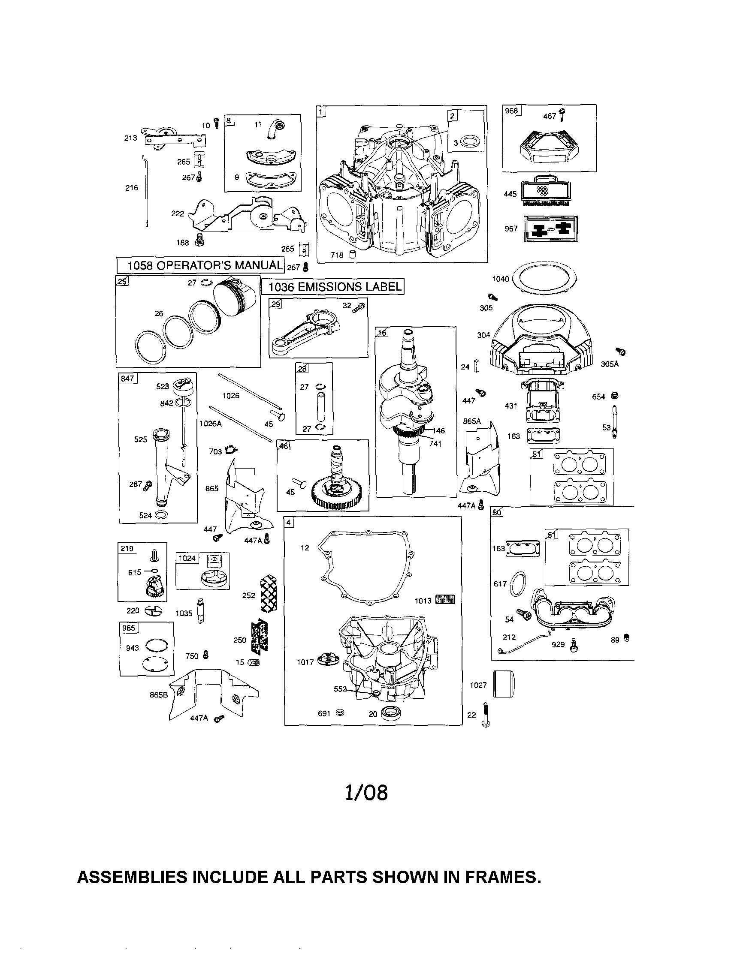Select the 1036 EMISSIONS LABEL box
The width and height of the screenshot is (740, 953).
[x=332, y=287]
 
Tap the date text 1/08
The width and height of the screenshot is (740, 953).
[x=366, y=793]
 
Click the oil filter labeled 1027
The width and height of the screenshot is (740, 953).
[x=504, y=684]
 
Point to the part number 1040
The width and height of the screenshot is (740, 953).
[x=500, y=278]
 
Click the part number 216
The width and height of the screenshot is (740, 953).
[x=131, y=188]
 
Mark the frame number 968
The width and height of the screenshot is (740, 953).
[x=511, y=111]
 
